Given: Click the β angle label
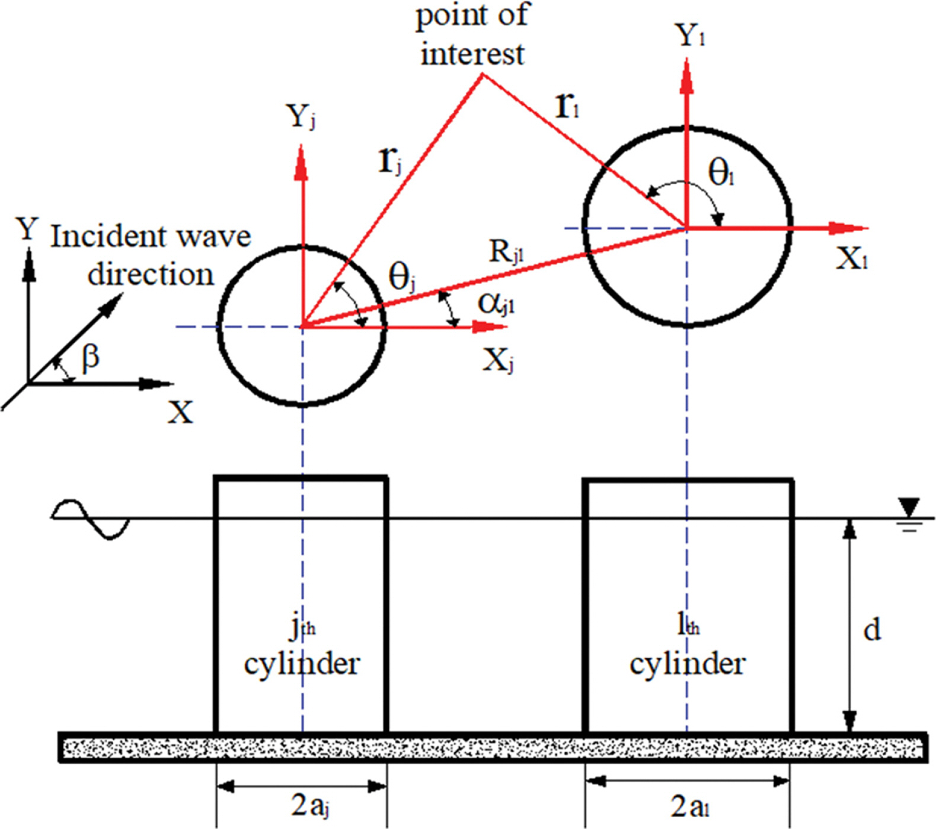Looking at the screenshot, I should coord(90,358).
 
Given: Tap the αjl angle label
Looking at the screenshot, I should coord(496,304).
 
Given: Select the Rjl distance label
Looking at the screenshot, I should coord(507,252).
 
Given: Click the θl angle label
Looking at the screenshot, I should coord(721,174).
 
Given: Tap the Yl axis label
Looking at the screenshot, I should coord(691,36).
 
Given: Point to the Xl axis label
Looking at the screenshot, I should coord(852,259).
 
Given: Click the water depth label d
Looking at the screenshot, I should coord(871,629).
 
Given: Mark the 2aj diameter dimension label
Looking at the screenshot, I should coord(310,806).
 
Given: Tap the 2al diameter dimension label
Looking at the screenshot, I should coord(690,807).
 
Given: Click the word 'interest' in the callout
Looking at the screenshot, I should coord(472,55).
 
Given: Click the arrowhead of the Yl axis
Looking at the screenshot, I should coord(687,77).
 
